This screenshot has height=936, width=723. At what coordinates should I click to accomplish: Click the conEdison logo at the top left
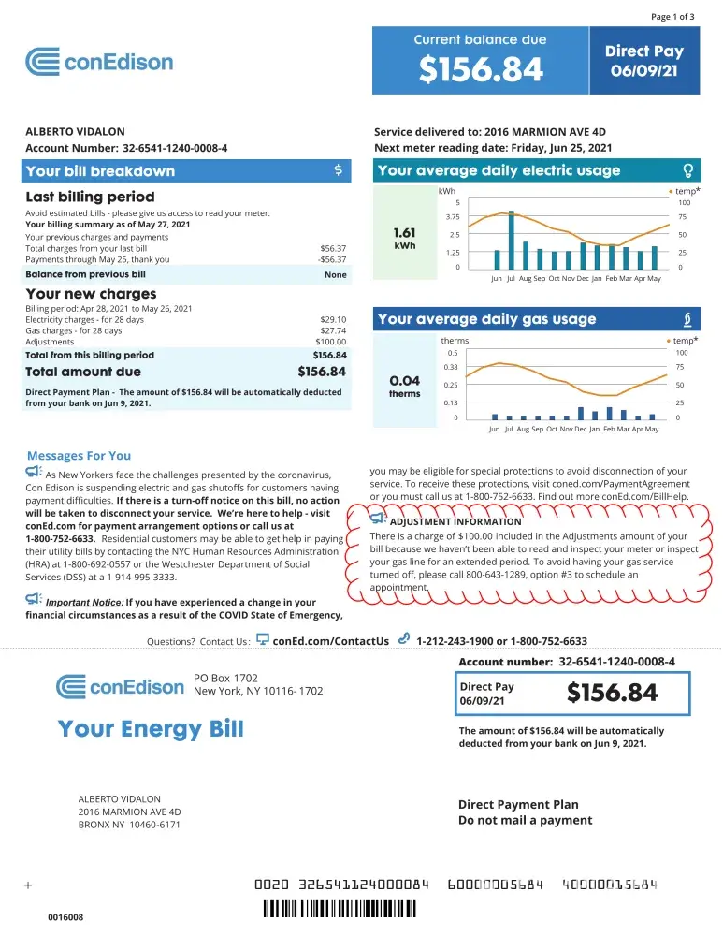[x=99, y=63]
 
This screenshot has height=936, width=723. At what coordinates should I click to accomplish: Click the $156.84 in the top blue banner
[x=481, y=69]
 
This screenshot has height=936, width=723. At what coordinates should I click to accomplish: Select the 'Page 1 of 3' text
[x=672, y=16]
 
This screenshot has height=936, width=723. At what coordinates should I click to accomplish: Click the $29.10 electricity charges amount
[x=333, y=319]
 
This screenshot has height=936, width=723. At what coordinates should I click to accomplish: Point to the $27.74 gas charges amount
[x=333, y=330]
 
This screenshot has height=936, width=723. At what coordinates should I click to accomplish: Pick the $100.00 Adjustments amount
[x=330, y=342]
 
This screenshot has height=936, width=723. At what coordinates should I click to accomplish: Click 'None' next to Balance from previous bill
[x=335, y=275]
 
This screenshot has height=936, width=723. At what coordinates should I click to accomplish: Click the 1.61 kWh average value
[x=405, y=233]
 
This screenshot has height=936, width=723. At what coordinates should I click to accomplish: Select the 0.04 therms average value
[x=404, y=381]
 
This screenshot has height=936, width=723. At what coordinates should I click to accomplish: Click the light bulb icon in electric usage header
[x=688, y=171]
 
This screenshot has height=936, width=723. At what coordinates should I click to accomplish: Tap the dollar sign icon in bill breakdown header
[x=338, y=171]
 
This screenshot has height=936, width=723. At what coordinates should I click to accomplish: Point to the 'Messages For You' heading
[x=79, y=456]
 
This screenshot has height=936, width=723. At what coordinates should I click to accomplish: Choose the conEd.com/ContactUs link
[x=330, y=641]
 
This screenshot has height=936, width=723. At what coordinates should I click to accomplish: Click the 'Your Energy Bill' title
[x=151, y=728]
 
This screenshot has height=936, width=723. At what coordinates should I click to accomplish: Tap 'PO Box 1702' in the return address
[x=225, y=678]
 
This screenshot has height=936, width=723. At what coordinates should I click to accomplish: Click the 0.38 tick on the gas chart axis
[x=451, y=368]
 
